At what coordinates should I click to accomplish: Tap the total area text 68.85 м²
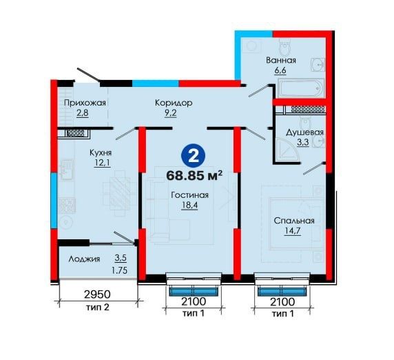pyautogui.click(x=194, y=175)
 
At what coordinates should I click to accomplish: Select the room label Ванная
pyautogui.click(x=281, y=61)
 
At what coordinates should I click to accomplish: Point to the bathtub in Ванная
pyautogui.click(x=301, y=88)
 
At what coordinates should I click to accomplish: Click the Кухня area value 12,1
pyautogui.click(x=102, y=163)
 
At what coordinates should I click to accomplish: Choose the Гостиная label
pyautogui.click(x=189, y=195)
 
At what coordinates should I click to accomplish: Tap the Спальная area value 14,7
pyautogui.click(x=293, y=231)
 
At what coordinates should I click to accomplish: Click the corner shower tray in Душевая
pyautogui.click(x=287, y=149)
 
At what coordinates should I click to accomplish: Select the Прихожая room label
pyautogui.click(x=85, y=103)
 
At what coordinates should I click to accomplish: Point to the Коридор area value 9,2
pyautogui.click(x=171, y=113)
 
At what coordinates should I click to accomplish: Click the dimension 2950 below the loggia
pyautogui.click(x=97, y=294)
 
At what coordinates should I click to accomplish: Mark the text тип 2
pyautogui.click(x=98, y=308)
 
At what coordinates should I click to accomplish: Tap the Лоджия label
pyautogui.click(x=84, y=259)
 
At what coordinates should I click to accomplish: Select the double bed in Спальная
pyautogui.click(x=296, y=223)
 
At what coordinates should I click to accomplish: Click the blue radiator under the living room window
pyautogui.click(x=194, y=291)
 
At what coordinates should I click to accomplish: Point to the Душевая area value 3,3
pyautogui.click(x=303, y=142)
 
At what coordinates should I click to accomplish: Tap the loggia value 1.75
pyautogui.click(x=119, y=270)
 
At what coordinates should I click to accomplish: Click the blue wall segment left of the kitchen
pyautogui.click(x=54, y=201)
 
